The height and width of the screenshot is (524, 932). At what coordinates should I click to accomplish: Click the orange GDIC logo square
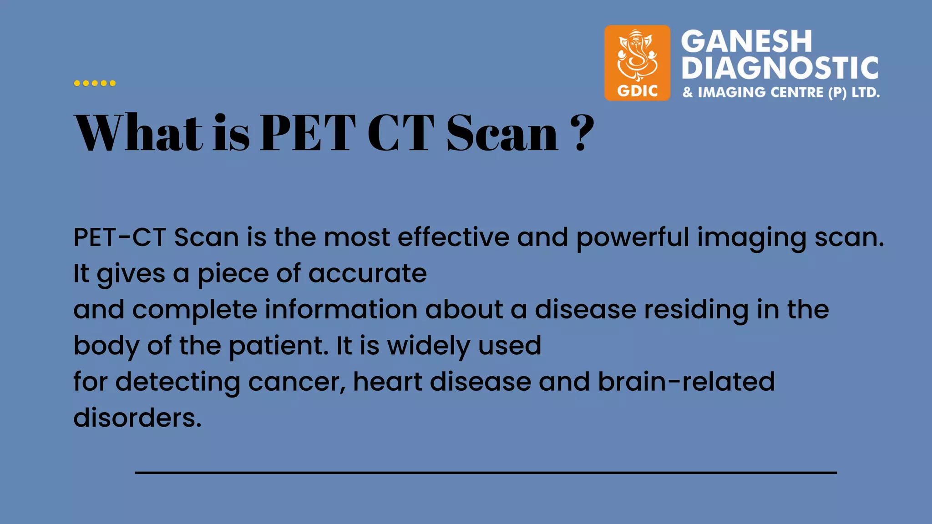point(637,63)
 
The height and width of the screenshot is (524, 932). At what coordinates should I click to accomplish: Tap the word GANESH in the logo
point(746,41)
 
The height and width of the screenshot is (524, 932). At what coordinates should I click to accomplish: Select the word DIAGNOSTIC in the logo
point(780,68)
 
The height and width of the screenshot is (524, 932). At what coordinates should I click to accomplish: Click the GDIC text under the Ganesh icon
point(637,91)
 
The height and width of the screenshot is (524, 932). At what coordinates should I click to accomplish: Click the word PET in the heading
point(308,132)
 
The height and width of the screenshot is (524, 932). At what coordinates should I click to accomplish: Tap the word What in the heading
point(138,132)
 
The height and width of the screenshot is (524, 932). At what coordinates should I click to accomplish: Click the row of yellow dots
point(95,83)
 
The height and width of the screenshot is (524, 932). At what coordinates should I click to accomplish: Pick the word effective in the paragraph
point(454,237)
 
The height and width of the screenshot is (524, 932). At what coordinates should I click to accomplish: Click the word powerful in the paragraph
point(633,238)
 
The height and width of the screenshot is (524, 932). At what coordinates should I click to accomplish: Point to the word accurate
point(368,273)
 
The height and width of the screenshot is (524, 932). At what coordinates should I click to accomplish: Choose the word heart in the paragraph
point(387,382)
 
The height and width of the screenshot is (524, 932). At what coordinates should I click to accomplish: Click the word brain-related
point(686,382)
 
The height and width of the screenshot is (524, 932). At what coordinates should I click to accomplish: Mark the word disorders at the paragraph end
point(137,418)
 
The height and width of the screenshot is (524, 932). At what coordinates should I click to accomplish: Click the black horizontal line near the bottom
point(486,473)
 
